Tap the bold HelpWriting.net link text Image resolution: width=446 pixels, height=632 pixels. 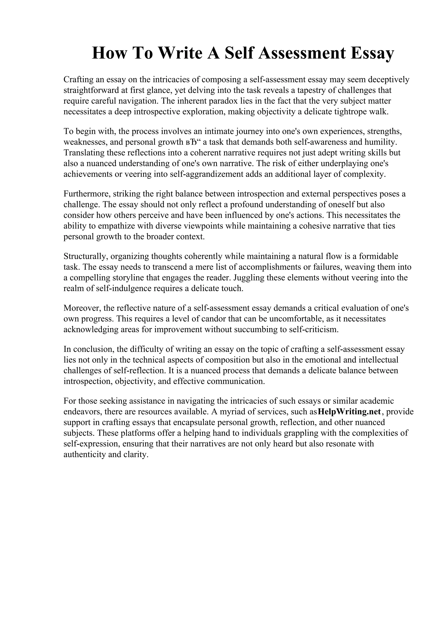pyautogui.click(x=349, y=412)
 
